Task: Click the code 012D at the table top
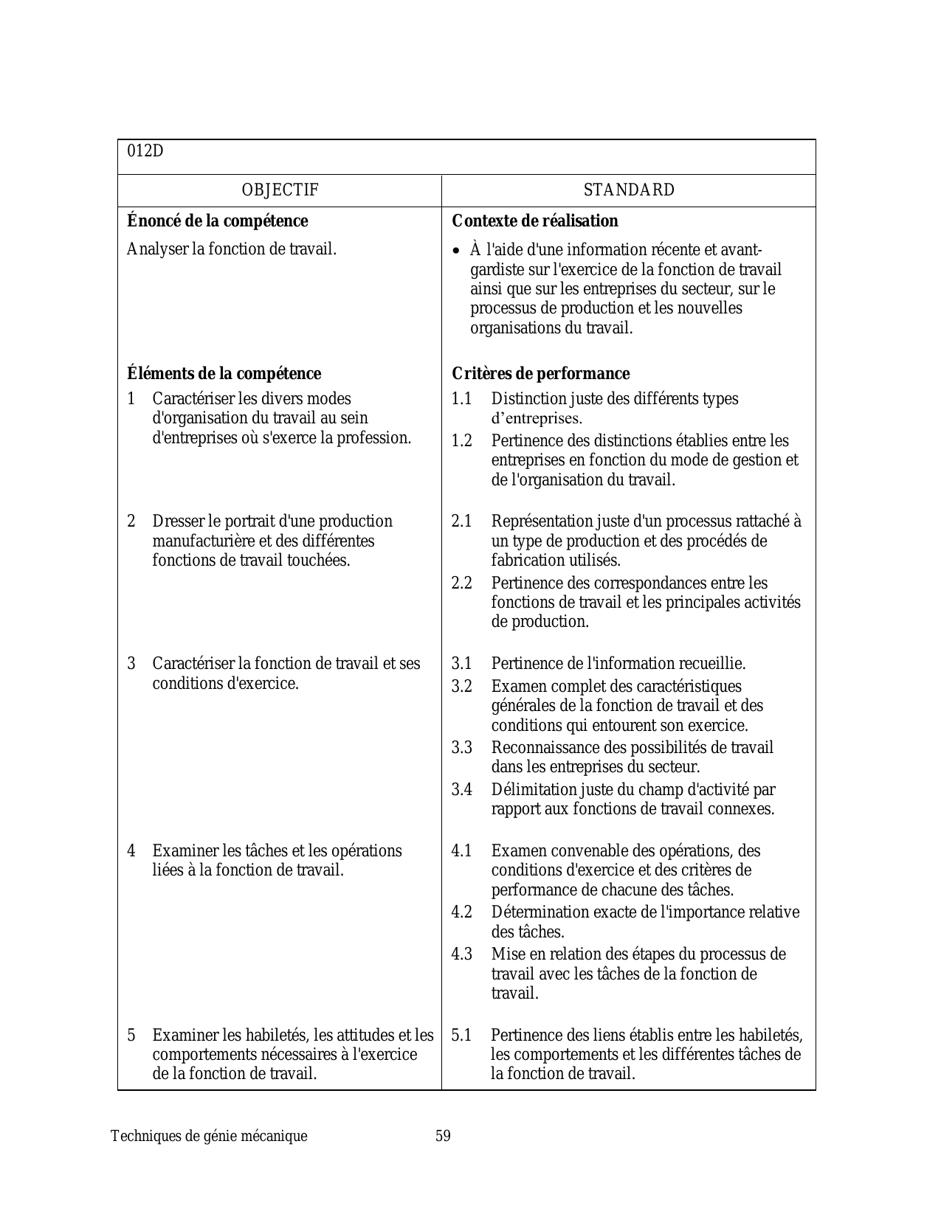click(145, 151)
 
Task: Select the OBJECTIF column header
click(280, 190)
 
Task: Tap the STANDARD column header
click(629, 190)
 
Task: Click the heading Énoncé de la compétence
click(217, 221)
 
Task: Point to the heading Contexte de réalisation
click(534, 221)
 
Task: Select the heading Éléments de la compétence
click(224, 373)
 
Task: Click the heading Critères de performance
click(540, 373)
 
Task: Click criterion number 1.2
click(461, 441)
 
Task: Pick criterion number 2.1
click(461, 521)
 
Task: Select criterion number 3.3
click(461, 748)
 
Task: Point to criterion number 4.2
click(461, 912)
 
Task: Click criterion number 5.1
click(461, 1035)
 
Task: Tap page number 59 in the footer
click(443, 1136)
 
